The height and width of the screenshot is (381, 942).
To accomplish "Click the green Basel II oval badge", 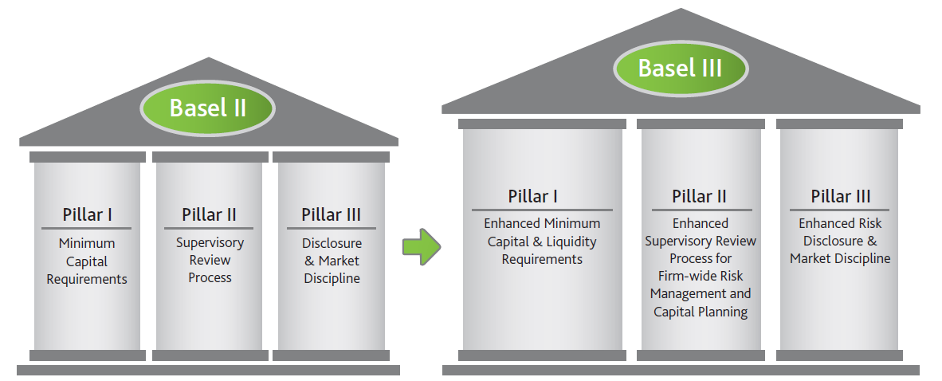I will tap(207, 108).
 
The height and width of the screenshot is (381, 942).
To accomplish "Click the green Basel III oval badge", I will tap(680, 68).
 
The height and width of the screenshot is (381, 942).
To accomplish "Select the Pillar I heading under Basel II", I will tap(88, 214).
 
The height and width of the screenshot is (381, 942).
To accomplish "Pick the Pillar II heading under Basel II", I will tap(209, 214).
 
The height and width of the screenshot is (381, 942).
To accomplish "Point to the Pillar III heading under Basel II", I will tap(332, 214).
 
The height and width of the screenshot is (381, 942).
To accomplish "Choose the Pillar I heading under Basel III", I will tap(532, 196).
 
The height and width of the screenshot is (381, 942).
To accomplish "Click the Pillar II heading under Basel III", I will tap(699, 196).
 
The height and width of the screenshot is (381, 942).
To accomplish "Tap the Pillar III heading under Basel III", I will tap(840, 196).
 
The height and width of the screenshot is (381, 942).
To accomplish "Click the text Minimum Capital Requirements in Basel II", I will tap(87, 261).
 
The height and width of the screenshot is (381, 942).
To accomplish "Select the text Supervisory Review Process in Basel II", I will tap(210, 260).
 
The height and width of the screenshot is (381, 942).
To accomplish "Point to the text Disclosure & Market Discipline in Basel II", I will tap(332, 261).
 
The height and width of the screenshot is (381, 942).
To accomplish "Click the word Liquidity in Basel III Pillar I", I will tap(569, 242).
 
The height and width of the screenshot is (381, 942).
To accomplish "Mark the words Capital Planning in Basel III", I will tap(701, 312).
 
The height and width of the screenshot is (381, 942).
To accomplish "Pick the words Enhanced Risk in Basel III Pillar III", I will tap(840, 223).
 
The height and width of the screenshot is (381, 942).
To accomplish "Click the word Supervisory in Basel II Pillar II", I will tap(210, 242).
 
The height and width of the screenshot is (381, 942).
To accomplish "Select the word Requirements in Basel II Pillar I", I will tap(87, 279).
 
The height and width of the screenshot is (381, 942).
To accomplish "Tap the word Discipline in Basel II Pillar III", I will tap(332, 278).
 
